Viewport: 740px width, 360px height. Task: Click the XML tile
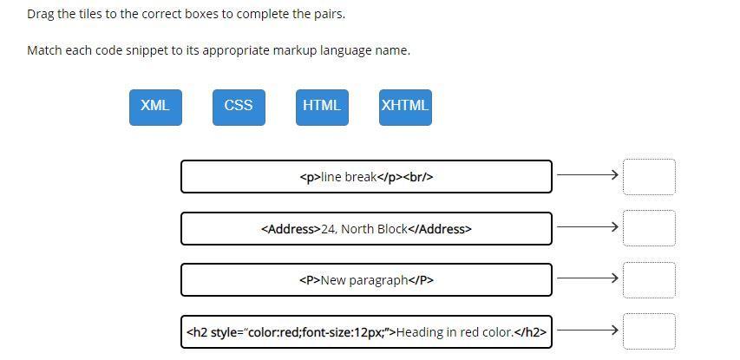[155, 107]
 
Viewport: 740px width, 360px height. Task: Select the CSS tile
[239, 107]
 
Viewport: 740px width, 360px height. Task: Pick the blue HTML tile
[322, 107]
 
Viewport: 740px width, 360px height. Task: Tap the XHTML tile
[405, 107]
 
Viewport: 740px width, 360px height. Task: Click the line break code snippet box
[366, 177]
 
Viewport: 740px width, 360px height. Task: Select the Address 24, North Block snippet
[366, 229]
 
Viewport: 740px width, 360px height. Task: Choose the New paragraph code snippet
[366, 280]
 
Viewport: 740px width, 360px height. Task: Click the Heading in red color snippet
[366, 331]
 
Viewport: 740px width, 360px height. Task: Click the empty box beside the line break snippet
[649, 176]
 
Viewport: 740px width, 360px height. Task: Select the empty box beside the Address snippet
[649, 227]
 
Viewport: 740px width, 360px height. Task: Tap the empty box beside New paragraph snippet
[649, 279]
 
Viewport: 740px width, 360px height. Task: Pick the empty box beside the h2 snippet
[649, 331]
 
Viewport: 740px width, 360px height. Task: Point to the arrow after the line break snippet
[587, 175]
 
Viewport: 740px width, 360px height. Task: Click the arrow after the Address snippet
[587, 227]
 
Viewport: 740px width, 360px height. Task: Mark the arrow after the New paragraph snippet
[587, 278]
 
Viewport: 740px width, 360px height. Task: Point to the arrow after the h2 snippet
[587, 331]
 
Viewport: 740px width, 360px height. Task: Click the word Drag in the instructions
[41, 15]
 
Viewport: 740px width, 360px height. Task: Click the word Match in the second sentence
[44, 50]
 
